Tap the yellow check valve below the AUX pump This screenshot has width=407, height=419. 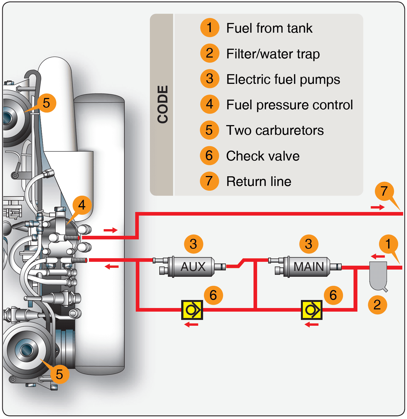(192, 310)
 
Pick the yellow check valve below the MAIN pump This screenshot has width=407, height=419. (312, 310)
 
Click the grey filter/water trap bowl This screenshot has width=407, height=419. (378, 275)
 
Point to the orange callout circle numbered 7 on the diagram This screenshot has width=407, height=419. (384, 191)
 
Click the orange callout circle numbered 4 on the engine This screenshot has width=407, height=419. (82, 205)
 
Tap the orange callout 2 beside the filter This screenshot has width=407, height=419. (377, 305)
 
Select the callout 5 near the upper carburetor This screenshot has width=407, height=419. (46, 103)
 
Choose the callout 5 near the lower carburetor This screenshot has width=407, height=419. (59, 374)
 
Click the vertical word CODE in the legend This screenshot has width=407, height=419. (163, 104)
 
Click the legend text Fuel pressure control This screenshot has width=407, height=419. (289, 105)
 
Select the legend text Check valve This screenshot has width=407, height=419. (263, 156)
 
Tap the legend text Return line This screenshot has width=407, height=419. (258, 182)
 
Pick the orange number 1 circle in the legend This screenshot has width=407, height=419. (210, 28)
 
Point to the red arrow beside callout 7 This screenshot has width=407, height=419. (378, 207)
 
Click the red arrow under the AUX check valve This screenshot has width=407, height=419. (191, 324)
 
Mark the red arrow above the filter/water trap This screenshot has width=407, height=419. (378, 256)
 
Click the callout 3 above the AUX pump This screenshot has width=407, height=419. (193, 244)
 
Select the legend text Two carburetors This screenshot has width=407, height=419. (275, 130)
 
